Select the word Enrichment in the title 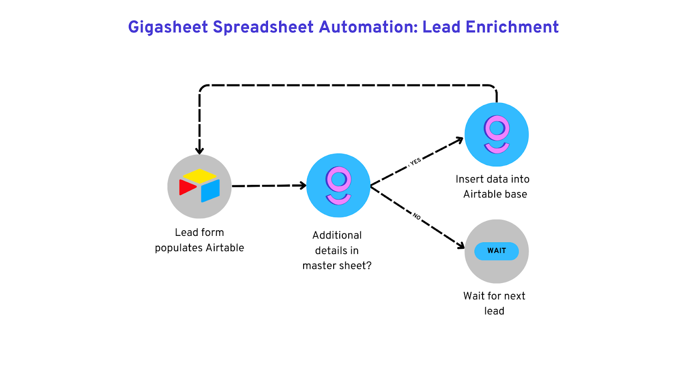click(x=512, y=27)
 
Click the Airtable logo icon click(x=199, y=186)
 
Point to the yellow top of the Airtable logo click(x=199, y=175)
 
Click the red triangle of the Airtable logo click(x=187, y=187)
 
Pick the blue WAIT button click(x=496, y=251)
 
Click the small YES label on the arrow click(x=415, y=162)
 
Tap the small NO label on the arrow click(x=416, y=216)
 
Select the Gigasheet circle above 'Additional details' click(x=338, y=185)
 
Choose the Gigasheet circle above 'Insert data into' click(x=496, y=135)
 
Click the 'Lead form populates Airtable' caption click(x=199, y=240)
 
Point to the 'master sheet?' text click(x=337, y=266)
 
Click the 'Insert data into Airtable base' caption click(x=493, y=187)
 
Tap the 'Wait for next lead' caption click(x=494, y=303)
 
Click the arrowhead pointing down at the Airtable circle click(x=200, y=151)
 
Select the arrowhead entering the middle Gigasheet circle click(x=303, y=185)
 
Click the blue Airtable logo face click(x=210, y=190)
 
